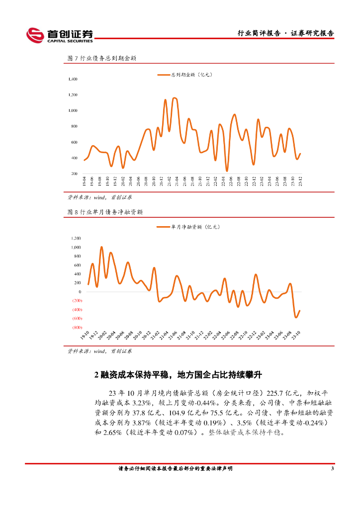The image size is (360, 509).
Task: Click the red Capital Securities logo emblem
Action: point(35,34)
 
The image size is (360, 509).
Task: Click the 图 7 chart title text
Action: point(102,58)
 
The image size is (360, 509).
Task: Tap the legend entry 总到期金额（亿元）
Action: point(185,75)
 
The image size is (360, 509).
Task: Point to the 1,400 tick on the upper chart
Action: point(73,79)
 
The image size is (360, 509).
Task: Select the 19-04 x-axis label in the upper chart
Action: point(85,181)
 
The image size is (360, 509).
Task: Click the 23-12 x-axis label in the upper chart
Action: point(300,181)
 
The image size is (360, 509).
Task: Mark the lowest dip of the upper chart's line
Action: point(227,170)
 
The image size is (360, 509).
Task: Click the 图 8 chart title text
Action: point(105,212)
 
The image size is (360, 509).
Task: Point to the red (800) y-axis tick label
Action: point(77,328)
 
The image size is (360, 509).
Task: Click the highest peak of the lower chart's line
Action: point(101,247)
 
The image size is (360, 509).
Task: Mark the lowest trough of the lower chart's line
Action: point(296,317)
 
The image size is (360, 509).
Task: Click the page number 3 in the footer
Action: point(332,469)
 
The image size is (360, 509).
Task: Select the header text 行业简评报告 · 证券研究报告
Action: point(285,33)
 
